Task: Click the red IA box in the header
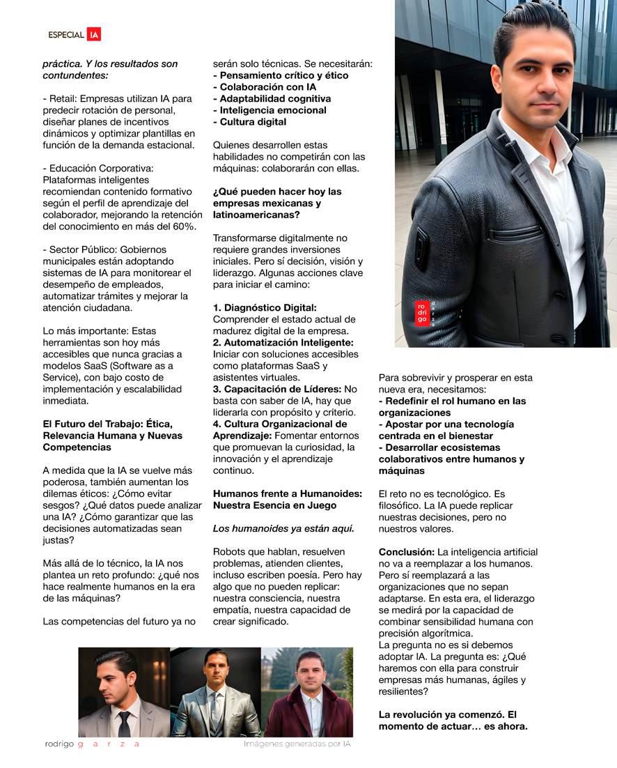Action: click(94, 34)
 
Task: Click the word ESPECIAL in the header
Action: click(66, 35)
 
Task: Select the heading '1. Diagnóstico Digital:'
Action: click(265, 307)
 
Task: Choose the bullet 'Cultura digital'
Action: click(249, 122)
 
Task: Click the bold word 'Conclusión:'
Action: click(407, 552)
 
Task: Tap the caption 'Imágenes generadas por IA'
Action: click(297, 744)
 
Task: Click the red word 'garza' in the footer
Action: click(109, 744)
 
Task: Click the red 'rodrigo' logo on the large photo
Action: click(422, 313)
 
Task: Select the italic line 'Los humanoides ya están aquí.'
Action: click(283, 528)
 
